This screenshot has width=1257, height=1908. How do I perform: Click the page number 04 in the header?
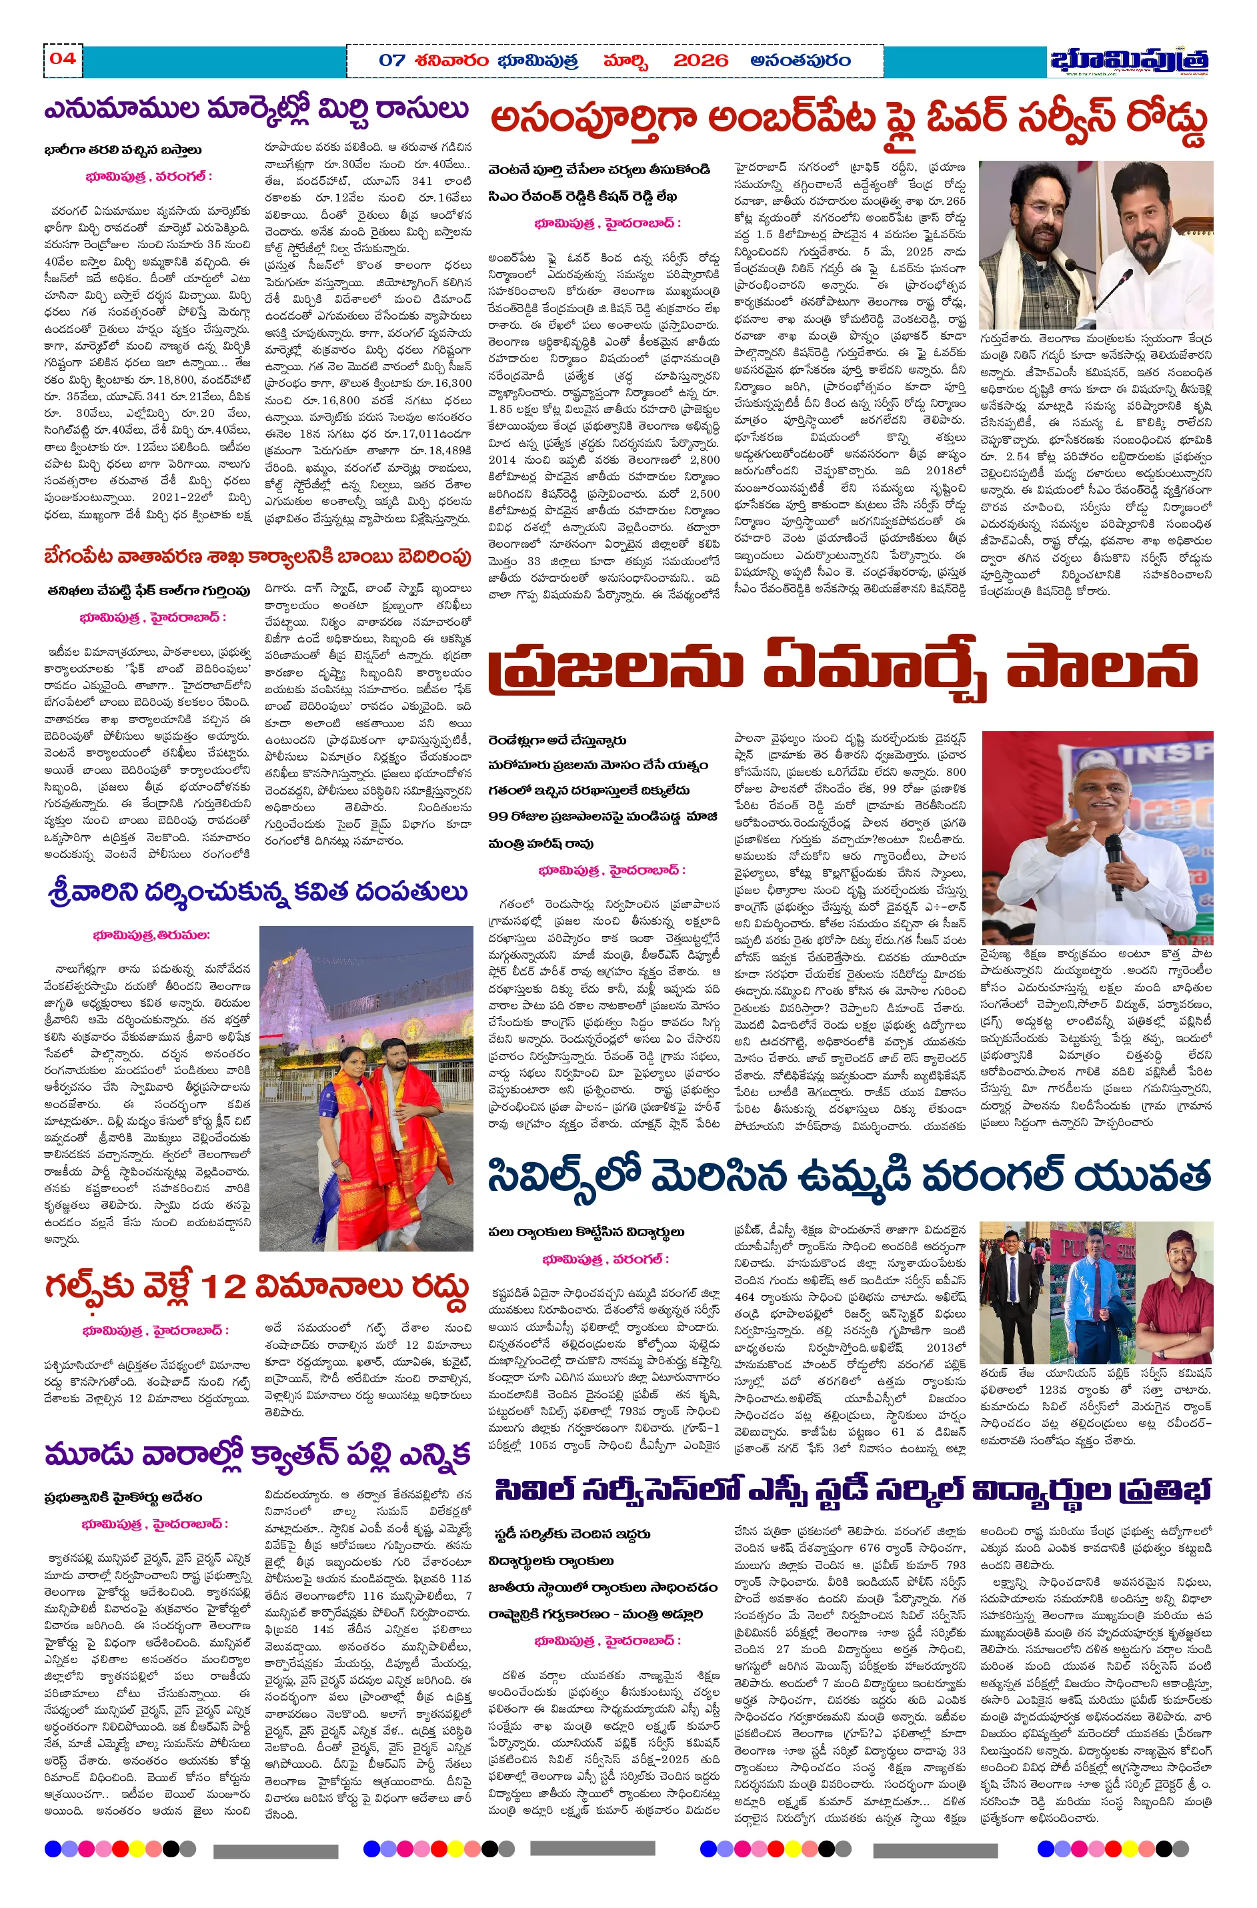63,59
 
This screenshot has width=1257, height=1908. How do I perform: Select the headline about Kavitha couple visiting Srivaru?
257,892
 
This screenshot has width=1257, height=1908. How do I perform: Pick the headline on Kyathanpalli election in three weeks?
257,1453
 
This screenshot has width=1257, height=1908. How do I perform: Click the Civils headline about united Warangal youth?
848,1177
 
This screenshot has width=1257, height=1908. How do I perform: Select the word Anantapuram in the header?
800,61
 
